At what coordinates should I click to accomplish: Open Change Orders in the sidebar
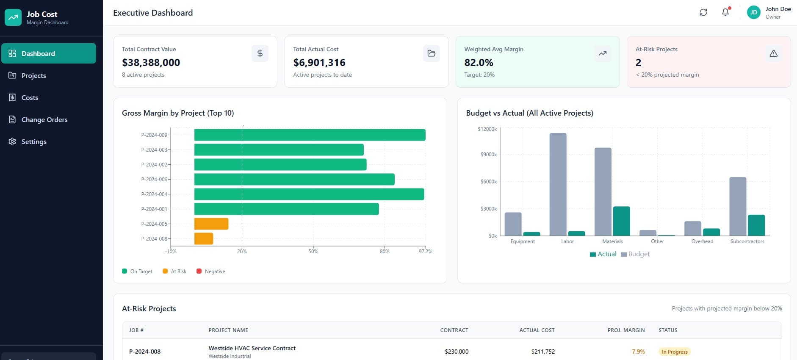pyautogui.click(x=44, y=119)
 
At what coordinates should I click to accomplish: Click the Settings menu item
pyautogui.click(x=34, y=141)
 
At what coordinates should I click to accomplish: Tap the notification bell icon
pyautogui.click(x=725, y=12)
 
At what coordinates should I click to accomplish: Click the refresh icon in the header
pyautogui.click(x=703, y=12)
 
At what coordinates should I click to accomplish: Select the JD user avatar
pyautogui.click(x=753, y=12)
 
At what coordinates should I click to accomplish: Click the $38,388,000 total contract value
pyautogui.click(x=151, y=63)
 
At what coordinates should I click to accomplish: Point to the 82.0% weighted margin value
pyautogui.click(x=479, y=63)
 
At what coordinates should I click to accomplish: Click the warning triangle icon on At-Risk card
pyautogui.click(x=773, y=53)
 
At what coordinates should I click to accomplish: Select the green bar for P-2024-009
pyautogui.click(x=310, y=135)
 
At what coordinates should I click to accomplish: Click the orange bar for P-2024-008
pyautogui.click(x=204, y=238)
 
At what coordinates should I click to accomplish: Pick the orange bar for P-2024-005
pyautogui.click(x=211, y=224)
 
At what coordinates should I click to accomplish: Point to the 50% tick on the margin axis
pyautogui.click(x=313, y=251)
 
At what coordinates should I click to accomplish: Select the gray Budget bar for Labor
pyautogui.click(x=558, y=184)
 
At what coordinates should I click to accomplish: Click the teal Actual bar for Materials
pyautogui.click(x=621, y=221)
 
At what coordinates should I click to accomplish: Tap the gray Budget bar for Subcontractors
pyautogui.click(x=737, y=206)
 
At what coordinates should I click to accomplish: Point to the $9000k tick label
pyautogui.click(x=488, y=155)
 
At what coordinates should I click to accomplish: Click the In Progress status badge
pyautogui.click(x=674, y=352)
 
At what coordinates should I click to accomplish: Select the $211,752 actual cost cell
pyautogui.click(x=543, y=352)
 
